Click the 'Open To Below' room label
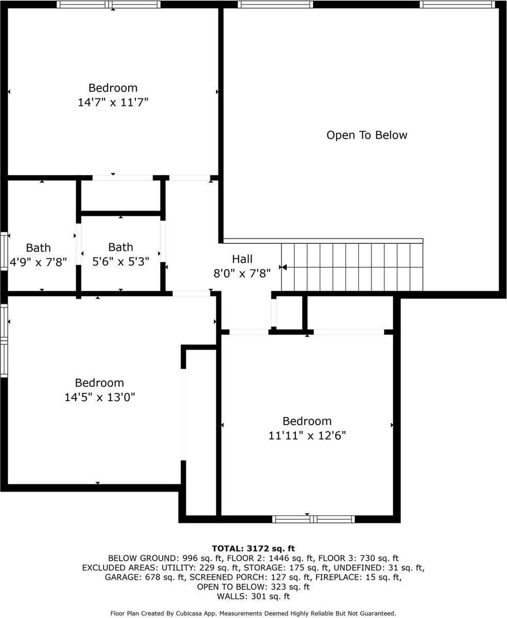[366, 135]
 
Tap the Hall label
[242, 259]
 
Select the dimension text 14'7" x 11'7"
[113, 102]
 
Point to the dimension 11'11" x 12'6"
[307, 436]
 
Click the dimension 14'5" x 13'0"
[99, 397]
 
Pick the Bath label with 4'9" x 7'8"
[38, 248]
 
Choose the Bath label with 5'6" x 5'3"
[120, 247]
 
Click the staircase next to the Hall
[352, 267]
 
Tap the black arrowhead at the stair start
[283, 267]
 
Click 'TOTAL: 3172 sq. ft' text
[253, 548]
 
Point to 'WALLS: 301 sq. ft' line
[253, 596]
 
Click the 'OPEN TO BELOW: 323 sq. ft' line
[253, 587]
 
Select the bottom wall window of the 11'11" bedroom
[313, 519]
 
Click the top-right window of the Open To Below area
[457, 5]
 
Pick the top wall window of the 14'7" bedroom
[109, 5]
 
